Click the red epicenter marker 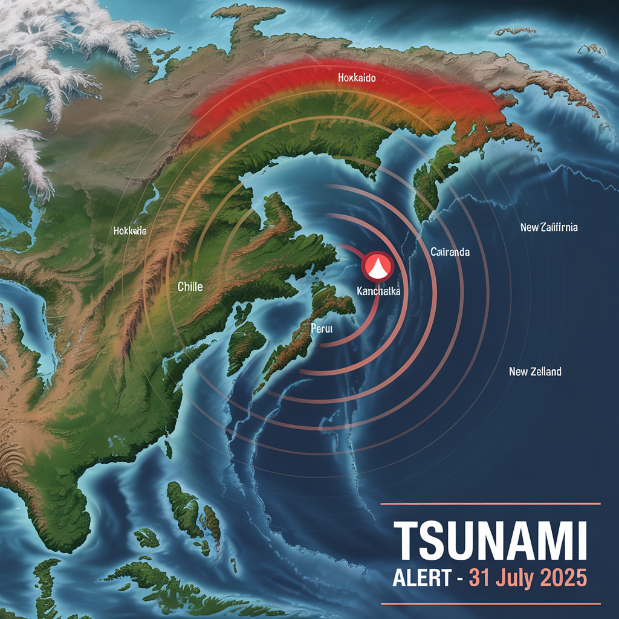(377, 266)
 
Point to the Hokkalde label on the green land (129, 230)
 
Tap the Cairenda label (450, 251)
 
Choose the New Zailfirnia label (549, 227)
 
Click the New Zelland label (535, 371)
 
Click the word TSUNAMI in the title (490, 542)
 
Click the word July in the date (515, 578)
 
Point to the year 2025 (563, 578)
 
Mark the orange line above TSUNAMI (490, 504)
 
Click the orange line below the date (490, 603)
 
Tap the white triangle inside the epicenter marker (377, 268)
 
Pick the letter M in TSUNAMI (549, 542)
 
